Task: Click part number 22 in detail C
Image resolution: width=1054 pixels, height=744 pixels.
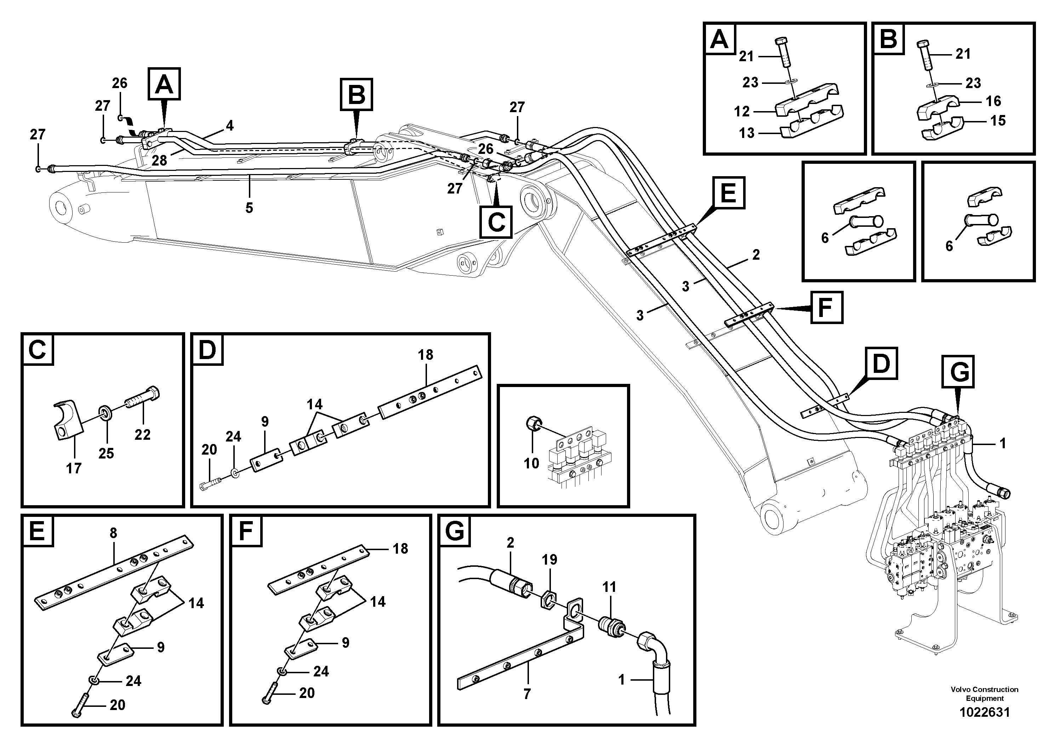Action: (142, 434)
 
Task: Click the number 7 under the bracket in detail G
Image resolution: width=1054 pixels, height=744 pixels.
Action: (526, 694)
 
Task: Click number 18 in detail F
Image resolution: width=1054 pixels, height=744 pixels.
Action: (400, 549)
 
